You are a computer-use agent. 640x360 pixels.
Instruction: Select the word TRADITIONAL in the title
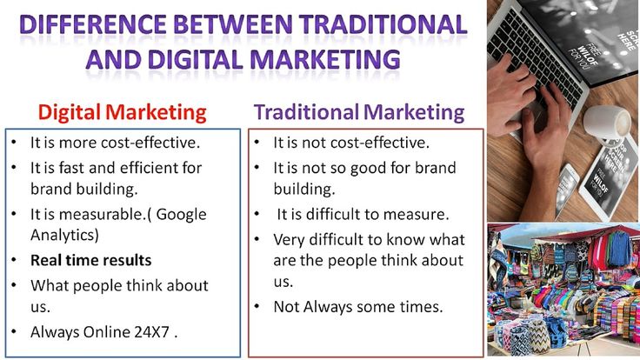[x=382, y=23]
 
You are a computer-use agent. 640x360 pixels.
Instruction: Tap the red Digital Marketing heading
[x=123, y=112]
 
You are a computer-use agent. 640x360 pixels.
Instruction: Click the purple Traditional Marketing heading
[x=359, y=112]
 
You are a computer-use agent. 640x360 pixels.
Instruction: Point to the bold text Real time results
[x=91, y=260]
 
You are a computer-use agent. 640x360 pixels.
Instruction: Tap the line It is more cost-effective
[x=115, y=142]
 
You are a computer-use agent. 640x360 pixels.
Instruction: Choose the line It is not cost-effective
[x=351, y=143]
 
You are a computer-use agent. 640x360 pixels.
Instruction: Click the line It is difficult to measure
[x=362, y=214]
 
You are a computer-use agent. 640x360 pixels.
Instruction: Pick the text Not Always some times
[x=358, y=306]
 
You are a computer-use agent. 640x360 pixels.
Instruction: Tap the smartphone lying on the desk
[x=567, y=187]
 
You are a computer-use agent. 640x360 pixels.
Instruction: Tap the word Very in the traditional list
[x=290, y=239]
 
